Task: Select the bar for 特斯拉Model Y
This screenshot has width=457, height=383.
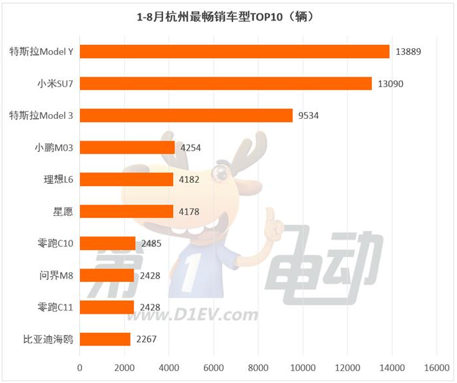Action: [x=234, y=52]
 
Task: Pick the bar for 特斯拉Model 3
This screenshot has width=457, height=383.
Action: [x=186, y=116]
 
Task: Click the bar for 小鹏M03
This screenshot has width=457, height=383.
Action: [x=127, y=147]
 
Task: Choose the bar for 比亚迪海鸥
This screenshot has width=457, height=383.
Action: [x=105, y=339]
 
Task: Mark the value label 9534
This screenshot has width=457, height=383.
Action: [x=308, y=116]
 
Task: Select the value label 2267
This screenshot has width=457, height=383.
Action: [x=146, y=340]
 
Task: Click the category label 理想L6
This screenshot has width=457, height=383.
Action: [x=58, y=180]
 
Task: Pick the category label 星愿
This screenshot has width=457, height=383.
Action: [x=63, y=211]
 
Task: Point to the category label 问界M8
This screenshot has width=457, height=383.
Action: [x=58, y=275]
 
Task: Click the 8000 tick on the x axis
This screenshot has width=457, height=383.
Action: [x=258, y=366]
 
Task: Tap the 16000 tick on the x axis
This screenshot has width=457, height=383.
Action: [x=436, y=366]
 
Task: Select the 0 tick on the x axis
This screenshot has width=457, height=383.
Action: [x=80, y=366]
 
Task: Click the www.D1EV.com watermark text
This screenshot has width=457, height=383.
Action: [x=197, y=314]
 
